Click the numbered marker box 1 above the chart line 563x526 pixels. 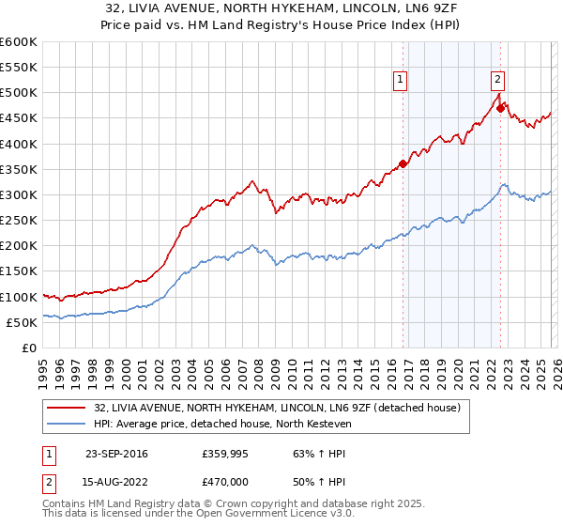(401, 81)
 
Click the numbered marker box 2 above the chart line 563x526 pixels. (497, 81)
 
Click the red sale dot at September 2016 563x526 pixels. (403, 164)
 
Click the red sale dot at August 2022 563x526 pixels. (500, 108)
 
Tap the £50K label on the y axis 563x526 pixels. (23, 322)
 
